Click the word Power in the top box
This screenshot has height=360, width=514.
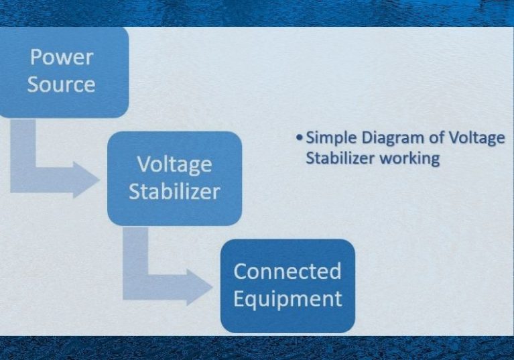click(x=62, y=57)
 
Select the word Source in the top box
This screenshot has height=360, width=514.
click(x=61, y=84)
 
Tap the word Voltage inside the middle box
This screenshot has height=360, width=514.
click(x=174, y=165)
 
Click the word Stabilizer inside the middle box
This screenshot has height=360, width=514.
click(x=174, y=192)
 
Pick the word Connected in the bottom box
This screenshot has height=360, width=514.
click(x=287, y=271)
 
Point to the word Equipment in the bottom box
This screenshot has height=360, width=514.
click(x=287, y=299)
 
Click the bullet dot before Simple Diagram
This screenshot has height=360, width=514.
click(x=299, y=137)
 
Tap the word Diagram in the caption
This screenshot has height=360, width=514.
click(x=393, y=138)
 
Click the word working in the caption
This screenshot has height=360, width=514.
click(x=409, y=159)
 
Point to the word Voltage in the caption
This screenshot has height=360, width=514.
click(x=476, y=138)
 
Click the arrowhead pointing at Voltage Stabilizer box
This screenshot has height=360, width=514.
click(x=86, y=180)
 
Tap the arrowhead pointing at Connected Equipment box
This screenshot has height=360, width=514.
click(x=200, y=287)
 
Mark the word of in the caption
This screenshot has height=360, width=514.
click(x=436, y=137)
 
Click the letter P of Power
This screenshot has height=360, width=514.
click(x=36, y=57)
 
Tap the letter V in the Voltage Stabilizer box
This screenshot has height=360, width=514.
click(x=144, y=164)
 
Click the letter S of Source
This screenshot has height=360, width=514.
click(x=33, y=84)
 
